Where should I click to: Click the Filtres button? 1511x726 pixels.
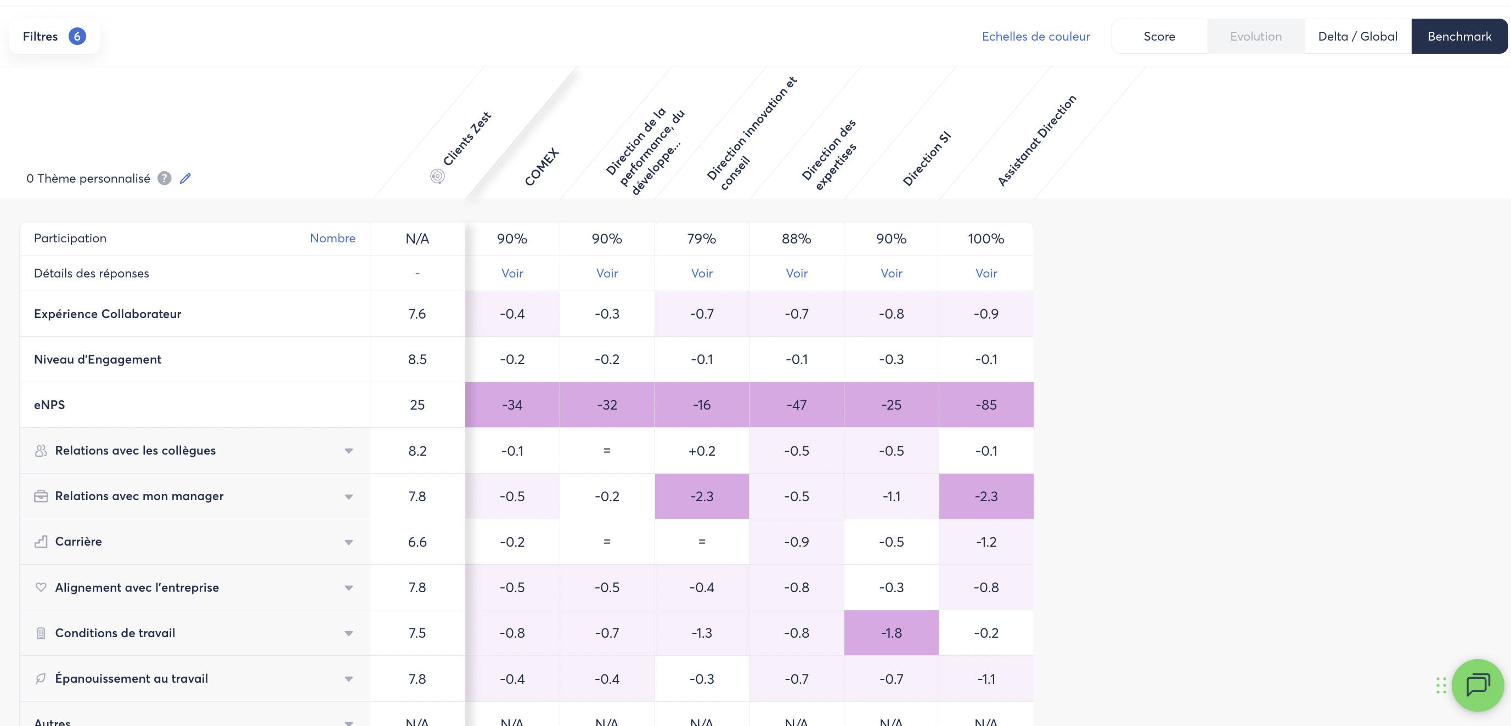tap(53, 36)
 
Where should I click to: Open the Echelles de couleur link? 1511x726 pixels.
tap(1035, 36)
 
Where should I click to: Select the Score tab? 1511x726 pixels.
tap(1159, 36)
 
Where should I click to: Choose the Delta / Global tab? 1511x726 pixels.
tap(1357, 36)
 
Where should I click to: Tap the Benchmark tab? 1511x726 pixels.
tap(1459, 36)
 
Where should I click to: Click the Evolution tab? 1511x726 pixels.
tap(1255, 36)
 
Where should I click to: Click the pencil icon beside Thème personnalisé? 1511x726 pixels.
tap(185, 178)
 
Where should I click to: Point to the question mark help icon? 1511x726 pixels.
tap(164, 178)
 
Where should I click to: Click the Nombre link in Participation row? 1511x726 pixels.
tap(332, 238)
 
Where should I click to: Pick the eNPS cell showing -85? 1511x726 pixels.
tap(985, 405)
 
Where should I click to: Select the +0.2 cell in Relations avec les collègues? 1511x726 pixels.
tap(702, 450)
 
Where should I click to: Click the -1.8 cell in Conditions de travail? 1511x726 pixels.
tap(891, 633)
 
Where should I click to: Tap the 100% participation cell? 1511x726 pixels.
tap(985, 239)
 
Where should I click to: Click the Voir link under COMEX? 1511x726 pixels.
tap(512, 273)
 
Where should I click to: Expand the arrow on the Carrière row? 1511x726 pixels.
tap(348, 542)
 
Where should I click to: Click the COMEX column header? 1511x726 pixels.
tap(541, 167)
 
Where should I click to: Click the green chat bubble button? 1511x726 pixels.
tap(1478, 684)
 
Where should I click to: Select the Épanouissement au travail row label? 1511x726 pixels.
tap(131, 678)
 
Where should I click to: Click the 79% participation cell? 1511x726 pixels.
tap(702, 239)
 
